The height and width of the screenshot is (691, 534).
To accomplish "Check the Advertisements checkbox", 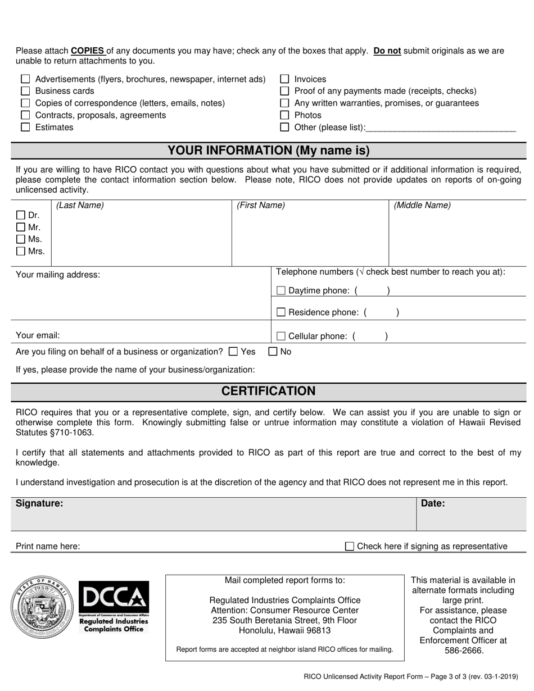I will click(25, 79).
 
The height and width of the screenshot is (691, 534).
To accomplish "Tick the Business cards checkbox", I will click(25, 91).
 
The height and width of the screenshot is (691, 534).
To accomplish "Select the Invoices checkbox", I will click(284, 79).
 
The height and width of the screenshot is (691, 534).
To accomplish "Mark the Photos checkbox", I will click(284, 115).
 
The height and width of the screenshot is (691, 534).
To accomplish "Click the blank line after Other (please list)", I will click(441, 128).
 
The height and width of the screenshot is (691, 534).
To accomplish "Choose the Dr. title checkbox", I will click(21, 215).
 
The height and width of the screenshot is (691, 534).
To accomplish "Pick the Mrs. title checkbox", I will click(21, 251).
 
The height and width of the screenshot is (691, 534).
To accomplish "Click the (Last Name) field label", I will click(80, 206).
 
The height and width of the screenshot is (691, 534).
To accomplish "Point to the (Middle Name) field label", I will click(422, 206).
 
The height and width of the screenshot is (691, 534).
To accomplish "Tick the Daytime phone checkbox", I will click(281, 290).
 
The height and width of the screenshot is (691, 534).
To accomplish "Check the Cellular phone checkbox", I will click(281, 336).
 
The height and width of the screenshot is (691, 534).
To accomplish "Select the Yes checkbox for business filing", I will click(234, 352).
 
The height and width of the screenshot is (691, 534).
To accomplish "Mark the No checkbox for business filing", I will click(273, 352).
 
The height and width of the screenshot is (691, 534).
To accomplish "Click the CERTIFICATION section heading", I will click(269, 391).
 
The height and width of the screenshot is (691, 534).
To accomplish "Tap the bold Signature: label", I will click(39, 503).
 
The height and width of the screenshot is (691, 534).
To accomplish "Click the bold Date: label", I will click(433, 503).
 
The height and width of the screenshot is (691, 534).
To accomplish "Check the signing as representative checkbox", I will click(350, 546).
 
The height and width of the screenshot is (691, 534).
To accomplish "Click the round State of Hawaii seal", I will click(42, 607).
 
